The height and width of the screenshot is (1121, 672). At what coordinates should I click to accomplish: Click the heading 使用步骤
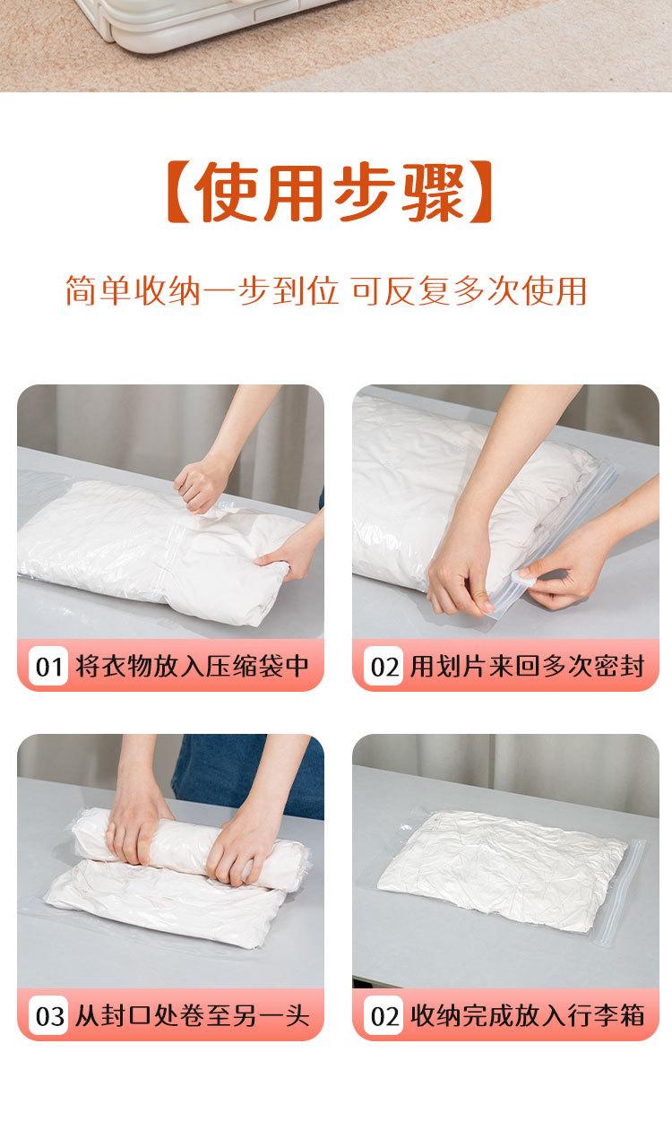329,192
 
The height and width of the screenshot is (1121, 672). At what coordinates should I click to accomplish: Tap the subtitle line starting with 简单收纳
326,290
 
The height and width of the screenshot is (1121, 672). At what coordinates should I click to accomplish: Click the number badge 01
48,666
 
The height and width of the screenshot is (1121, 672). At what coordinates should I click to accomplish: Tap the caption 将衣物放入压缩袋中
192,666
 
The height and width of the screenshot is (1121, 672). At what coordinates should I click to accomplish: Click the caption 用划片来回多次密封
527,666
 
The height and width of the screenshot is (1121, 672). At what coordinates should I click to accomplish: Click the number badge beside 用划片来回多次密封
383,666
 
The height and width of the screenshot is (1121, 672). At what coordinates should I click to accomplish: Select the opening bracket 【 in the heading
177,192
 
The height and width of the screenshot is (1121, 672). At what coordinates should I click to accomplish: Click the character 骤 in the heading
435,192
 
